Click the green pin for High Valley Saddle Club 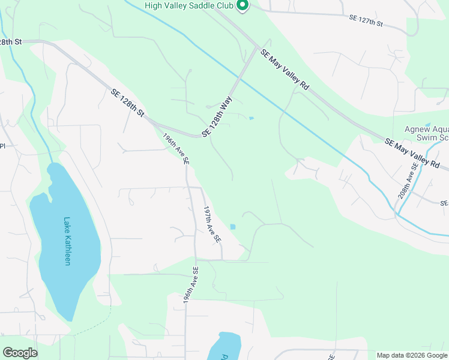[x=243, y=6]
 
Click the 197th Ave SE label [x=212, y=224]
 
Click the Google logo [x=20, y=353]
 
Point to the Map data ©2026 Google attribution [x=411, y=355]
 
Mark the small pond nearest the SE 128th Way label [x=251, y=118]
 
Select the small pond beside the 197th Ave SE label [x=233, y=227]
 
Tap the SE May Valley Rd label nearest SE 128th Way [x=285, y=70]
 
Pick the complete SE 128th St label [x=128, y=102]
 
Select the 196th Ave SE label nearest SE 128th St [x=176, y=148]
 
